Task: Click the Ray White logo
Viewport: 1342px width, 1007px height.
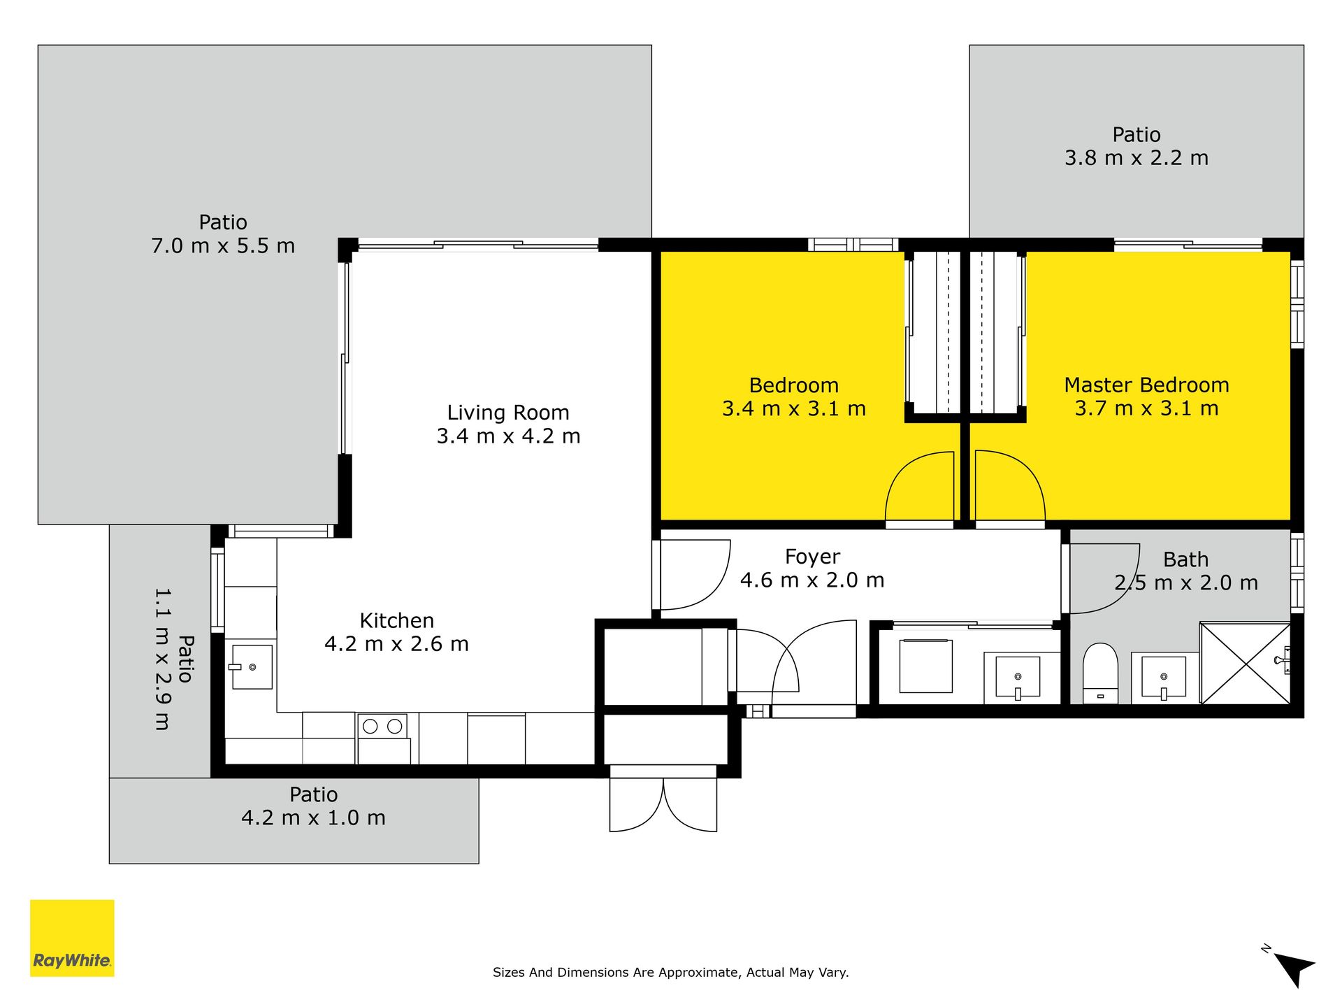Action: click(72, 938)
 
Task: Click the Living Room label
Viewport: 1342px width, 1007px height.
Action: click(508, 413)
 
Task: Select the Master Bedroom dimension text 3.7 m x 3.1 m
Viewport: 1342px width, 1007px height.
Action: click(1146, 408)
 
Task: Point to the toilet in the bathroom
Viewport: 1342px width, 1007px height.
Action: click(1100, 673)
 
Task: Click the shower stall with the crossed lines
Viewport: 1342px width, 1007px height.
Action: click(1245, 663)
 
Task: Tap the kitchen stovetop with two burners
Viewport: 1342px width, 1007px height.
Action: click(383, 738)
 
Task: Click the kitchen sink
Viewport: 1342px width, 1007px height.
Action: click(251, 666)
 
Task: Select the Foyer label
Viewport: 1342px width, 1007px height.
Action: click(812, 557)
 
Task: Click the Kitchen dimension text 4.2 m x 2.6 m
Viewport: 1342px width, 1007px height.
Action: click(396, 643)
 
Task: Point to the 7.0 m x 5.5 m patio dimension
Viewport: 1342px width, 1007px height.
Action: click(223, 246)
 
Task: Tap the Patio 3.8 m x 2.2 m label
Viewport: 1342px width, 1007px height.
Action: click(1137, 146)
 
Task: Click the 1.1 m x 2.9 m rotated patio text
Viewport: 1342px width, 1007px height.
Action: click(161, 659)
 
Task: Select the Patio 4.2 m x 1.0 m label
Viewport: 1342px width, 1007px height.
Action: click(313, 806)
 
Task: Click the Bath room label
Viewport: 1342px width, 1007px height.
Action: click(1185, 559)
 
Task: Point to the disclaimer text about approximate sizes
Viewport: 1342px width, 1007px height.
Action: click(671, 972)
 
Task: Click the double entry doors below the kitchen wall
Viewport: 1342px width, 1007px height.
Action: click(663, 804)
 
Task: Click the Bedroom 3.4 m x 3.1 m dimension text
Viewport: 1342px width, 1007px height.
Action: click(794, 408)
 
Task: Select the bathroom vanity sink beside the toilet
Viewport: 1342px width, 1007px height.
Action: click(1164, 678)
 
